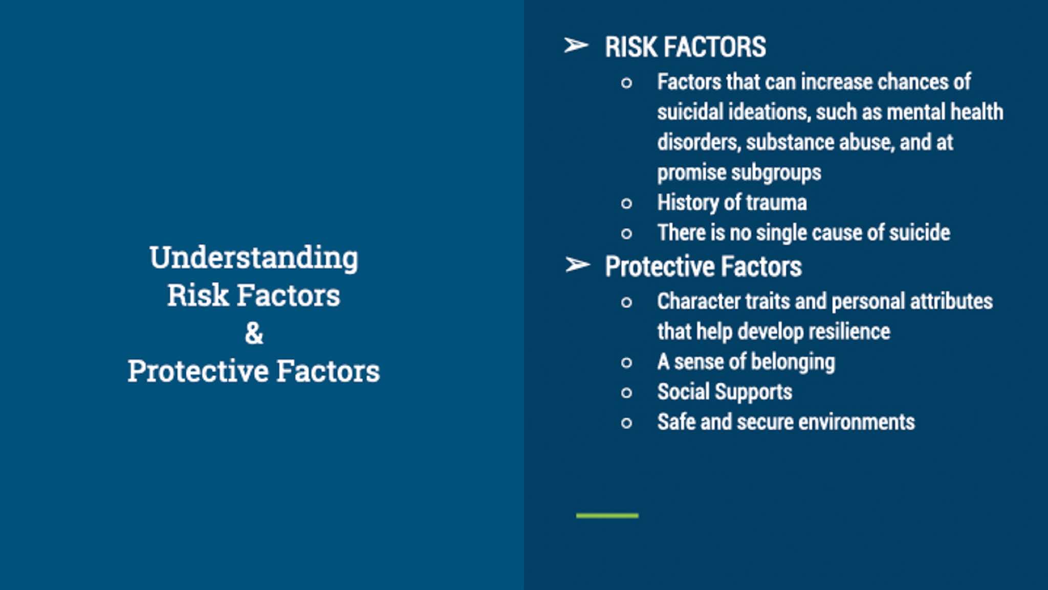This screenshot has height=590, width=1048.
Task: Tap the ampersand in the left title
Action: (254, 333)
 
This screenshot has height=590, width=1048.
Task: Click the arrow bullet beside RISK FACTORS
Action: (576, 46)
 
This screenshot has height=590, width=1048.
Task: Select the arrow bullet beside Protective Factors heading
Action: (578, 265)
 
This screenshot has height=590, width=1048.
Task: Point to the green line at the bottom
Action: (607, 515)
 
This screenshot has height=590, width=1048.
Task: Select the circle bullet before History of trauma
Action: (626, 204)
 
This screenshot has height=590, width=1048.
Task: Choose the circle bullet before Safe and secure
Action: (626, 423)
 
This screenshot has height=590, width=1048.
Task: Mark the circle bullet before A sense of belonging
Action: (626, 363)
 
